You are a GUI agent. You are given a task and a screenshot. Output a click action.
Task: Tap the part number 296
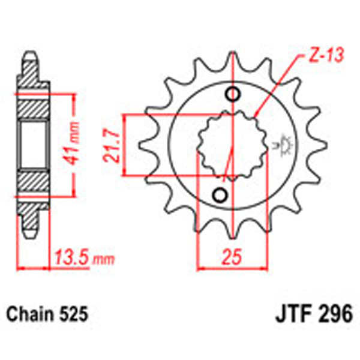click(336, 314)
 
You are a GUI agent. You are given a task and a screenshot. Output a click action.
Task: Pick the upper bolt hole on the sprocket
click(232, 94)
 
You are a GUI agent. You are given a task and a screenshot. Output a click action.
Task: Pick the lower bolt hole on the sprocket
click(220, 195)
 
